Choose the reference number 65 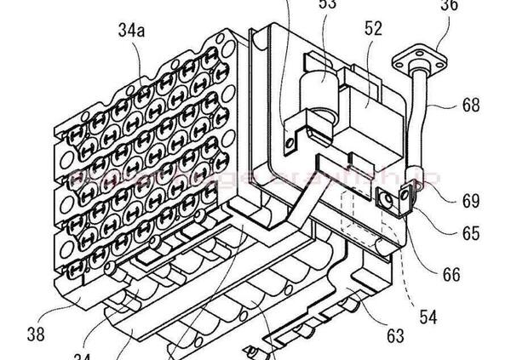tap(471, 231)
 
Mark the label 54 tap(428, 317)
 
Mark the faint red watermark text tap(255, 180)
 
